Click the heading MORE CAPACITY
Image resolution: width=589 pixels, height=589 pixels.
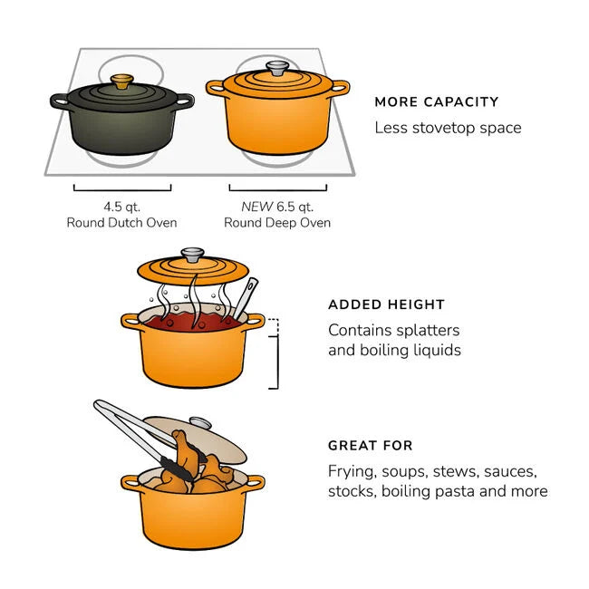pyautogui.click(x=437, y=102)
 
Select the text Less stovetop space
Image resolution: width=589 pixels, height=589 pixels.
pyautogui.click(x=448, y=128)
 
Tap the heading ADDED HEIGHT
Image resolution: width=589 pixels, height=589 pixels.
pyautogui.click(x=386, y=305)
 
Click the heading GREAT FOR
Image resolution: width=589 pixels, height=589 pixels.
pyautogui.click(x=371, y=446)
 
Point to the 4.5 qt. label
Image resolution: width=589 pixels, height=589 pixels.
pyautogui.click(x=121, y=207)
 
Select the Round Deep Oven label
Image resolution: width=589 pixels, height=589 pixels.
pyautogui.click(x=277, y=223)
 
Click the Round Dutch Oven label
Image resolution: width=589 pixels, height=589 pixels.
pyautogui.click(x=121, y=223)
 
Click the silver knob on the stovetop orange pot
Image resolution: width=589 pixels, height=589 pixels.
pyautogui.click(x=277, y=69)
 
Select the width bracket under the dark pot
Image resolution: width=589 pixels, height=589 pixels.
pyautogui.click(x=122, y=189)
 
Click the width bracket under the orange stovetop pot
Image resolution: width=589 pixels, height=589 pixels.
pyautogui.click(x=277, y=189)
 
